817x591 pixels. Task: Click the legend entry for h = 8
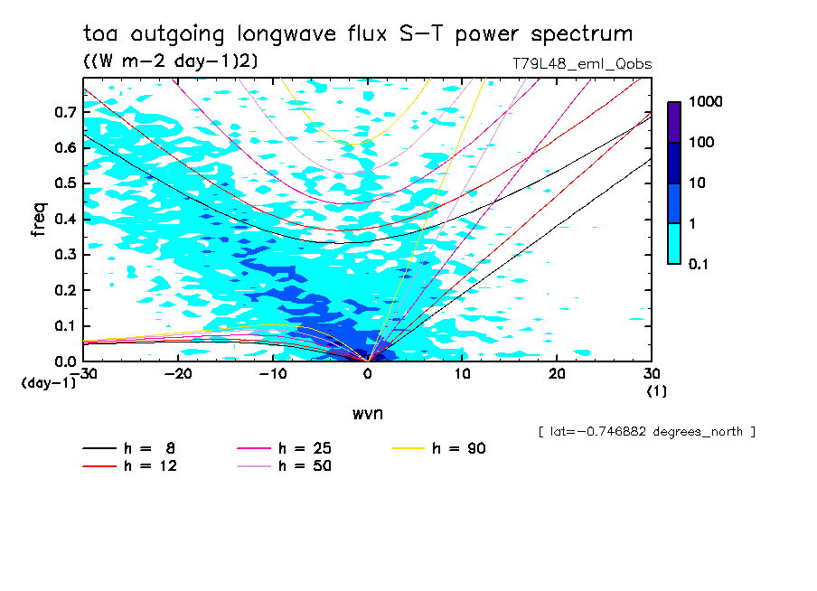point(136,448)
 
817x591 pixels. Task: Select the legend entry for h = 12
point(136,466)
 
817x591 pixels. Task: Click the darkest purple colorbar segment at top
point(674,122)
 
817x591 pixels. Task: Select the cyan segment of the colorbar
point(674,243)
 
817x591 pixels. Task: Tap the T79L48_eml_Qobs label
point(581,64)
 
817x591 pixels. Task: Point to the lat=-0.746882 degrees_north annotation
point(645,432)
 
